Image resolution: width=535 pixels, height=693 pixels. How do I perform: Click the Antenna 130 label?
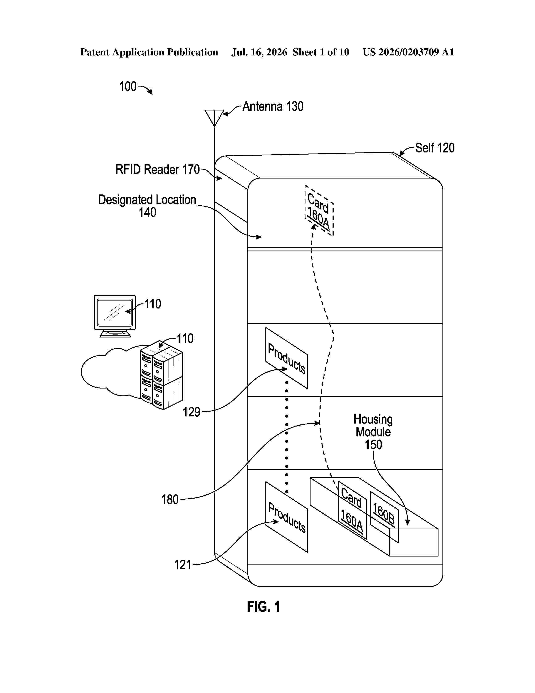[273, 107]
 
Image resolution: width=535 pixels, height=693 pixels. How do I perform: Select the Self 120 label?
[435, 148]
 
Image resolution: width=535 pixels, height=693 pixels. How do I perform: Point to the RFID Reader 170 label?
[158, 169]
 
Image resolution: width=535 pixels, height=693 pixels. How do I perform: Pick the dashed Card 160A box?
[319, 210]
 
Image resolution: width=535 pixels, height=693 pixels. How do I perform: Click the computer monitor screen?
[115, 312]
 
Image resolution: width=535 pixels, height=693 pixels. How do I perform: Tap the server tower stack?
[162, 375]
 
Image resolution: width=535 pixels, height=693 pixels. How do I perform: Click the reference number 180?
[170, 500]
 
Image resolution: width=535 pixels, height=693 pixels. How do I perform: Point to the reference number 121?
[183, 565]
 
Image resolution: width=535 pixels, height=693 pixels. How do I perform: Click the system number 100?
[128, 86]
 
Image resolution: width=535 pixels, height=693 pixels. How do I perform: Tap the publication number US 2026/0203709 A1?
[408, 52]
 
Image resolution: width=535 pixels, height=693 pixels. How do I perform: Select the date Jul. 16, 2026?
[259, 52]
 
